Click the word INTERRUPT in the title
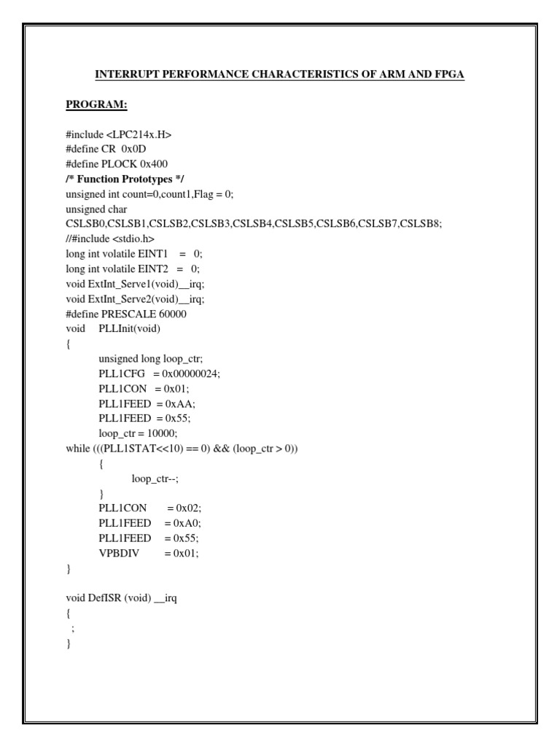(x=124, y=75)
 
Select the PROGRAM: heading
(x=96, y=105)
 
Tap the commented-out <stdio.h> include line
(x=109, y=239)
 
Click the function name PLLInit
(x=117, y=328)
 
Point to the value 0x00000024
(x=186, y=373)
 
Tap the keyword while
(x=77, y=448)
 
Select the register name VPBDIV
(x=118, y=553)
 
